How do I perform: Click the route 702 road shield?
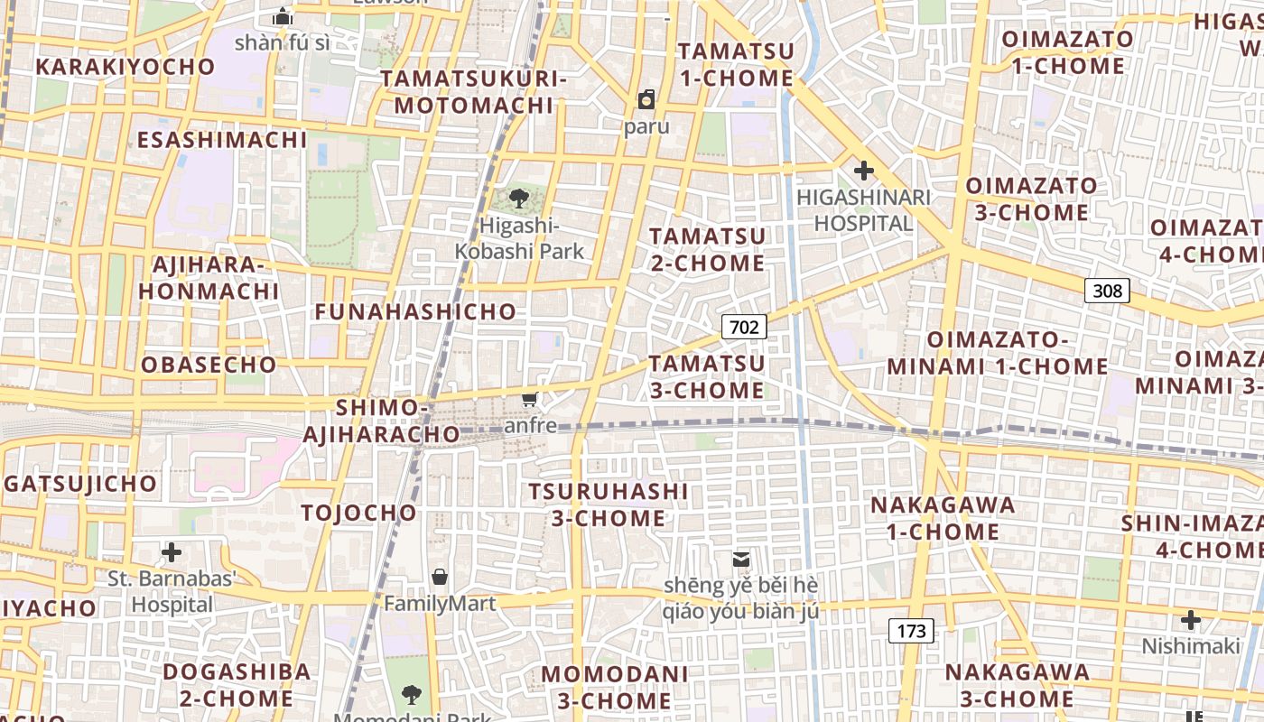click(x=744, y=327)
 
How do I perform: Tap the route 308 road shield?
click(x=1107, y=290)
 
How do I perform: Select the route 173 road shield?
click(x=911, y=631)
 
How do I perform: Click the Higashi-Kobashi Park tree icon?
click(x=519, y=198)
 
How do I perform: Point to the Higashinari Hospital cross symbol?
click(x=864, y=170)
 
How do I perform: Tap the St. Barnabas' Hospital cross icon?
click(x=172, y=552)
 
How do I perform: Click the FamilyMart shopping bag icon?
click(x=440, y=576)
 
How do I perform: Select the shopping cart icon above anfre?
click(x=530, y=399)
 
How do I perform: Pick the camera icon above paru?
click(x=646, y=99)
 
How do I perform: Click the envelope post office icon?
click(x=741, y=560)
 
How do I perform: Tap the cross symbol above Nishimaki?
click(x=1191, y=620)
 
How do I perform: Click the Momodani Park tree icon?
click(x=412, y=694)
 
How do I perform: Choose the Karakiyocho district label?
click(x=125, y=67)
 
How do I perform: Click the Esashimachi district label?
click(x=222, y=140)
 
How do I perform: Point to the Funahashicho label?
click(x=415, y=312)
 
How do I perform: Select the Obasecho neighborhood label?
click(x=209, y=365)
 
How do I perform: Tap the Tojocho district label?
click(x=358, y=514)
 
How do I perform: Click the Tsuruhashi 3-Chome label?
click(x=608, y=504)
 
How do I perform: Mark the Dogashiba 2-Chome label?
click(x=237, y=685)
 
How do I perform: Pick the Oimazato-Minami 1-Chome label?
click(x=997, y=353)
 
